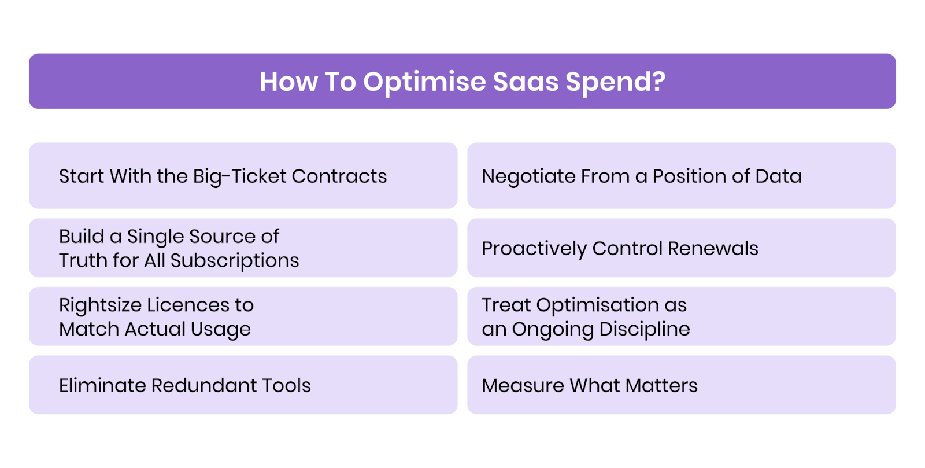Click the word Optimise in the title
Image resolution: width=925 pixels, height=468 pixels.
point(424,82)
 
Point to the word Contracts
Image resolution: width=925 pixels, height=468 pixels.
point(339,176)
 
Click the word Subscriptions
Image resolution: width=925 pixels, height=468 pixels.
point(235,261)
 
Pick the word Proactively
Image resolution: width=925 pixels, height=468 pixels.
point(534,249)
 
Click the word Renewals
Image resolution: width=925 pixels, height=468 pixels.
point(713,248)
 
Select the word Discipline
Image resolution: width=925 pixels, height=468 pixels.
point(645,329)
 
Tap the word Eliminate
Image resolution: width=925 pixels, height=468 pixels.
point(102,385)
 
